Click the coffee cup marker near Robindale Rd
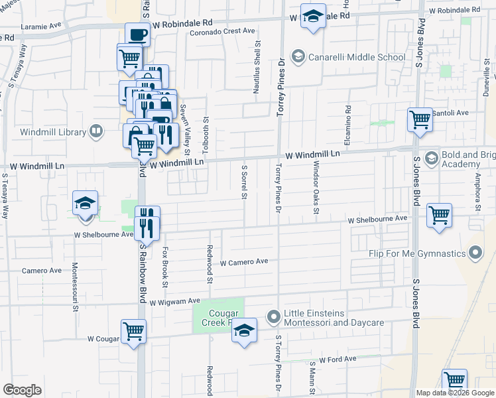137,34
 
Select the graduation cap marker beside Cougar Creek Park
244,330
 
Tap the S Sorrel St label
244,181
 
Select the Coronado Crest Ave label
222,31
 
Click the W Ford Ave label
338,359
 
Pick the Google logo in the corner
22,390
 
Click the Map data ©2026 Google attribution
454,393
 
